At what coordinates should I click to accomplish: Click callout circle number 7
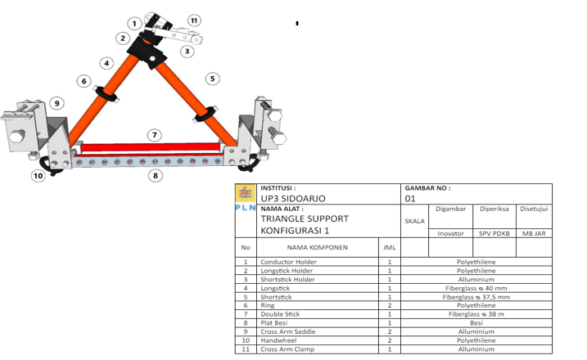(155, 135)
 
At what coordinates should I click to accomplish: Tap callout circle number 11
(194, 20)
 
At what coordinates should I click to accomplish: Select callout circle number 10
(38, 176)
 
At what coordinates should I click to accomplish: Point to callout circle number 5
(213, 79)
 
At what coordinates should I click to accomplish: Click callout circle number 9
(57, 103)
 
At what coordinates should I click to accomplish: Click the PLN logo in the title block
(246, 197)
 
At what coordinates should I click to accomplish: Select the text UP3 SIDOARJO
(293, 198)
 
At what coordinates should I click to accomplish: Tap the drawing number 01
(410, 199)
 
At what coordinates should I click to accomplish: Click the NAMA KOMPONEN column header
(318, 247)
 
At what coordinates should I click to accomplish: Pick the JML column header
(390, 247)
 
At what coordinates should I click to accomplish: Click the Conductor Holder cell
(289, 262)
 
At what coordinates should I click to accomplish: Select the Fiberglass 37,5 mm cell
(476, 297)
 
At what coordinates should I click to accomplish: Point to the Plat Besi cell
(274, 323)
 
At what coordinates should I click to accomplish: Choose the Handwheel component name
(278, 340)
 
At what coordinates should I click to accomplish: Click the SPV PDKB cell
(494, 233)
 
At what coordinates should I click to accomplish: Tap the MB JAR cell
(534, 233)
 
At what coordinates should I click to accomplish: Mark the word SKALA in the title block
(414, 221)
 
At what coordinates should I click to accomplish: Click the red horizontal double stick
(151, 147)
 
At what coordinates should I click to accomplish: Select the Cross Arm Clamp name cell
(287, 349)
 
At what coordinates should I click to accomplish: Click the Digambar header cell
(451, 209)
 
